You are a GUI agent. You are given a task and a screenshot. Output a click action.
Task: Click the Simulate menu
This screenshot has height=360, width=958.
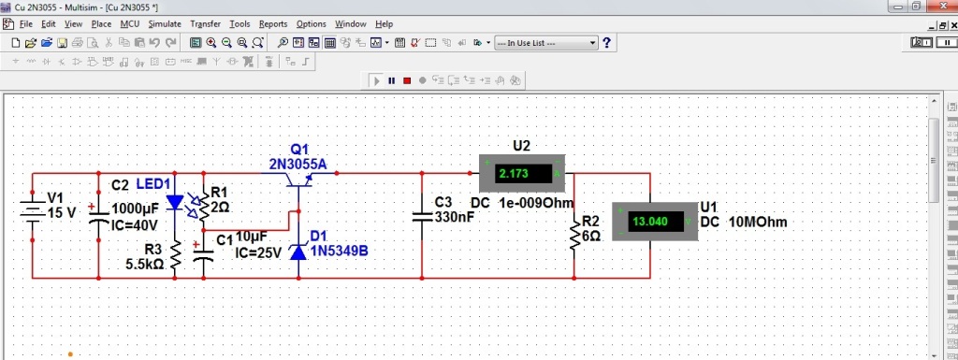(x=165, y=24)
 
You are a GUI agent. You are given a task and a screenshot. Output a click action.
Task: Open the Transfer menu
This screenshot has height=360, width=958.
(x=205, y=24)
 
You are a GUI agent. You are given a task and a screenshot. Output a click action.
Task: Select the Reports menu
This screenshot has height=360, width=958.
(x=273, y=24)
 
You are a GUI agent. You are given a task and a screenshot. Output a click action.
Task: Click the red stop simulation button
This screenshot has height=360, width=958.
(x=407, y=80)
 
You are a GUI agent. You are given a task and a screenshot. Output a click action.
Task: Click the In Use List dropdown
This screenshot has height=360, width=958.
(x=545, y=43)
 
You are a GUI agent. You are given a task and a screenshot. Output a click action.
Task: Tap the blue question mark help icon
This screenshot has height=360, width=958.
(x=606, y=43)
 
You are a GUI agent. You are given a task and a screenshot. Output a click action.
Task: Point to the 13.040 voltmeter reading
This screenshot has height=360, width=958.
(x=651, y=222)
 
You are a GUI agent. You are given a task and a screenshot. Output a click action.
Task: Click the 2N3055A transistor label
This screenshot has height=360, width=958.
(x=298, y=165)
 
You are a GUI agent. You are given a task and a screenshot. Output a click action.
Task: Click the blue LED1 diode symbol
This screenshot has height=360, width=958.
(x=175, y=202)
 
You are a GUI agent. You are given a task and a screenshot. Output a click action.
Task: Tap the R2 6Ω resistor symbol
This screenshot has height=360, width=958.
(x=574, y=236)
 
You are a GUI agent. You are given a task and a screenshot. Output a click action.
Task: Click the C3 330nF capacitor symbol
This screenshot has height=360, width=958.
(x=422, y=217)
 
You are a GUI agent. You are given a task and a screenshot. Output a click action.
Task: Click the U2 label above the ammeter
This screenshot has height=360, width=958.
(x=521, y=145)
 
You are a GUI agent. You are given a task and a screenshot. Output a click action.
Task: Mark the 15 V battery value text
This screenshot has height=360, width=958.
(x=62, y=213)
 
